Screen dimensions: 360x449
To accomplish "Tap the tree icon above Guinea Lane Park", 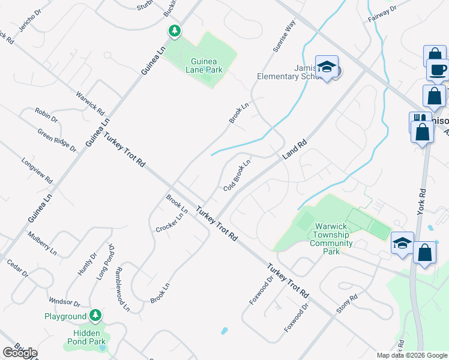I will coord(174,31).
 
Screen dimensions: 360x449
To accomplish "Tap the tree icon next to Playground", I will coord(95,315).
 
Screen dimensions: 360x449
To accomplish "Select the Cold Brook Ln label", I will coord(237,175).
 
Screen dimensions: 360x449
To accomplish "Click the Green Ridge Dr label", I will coord(57,140).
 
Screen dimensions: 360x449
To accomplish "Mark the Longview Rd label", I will coord(37,170).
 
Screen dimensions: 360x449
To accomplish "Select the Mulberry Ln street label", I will coord(42,242).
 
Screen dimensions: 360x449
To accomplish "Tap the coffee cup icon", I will coord(439,70).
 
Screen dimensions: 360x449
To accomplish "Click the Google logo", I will coord(19,352).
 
